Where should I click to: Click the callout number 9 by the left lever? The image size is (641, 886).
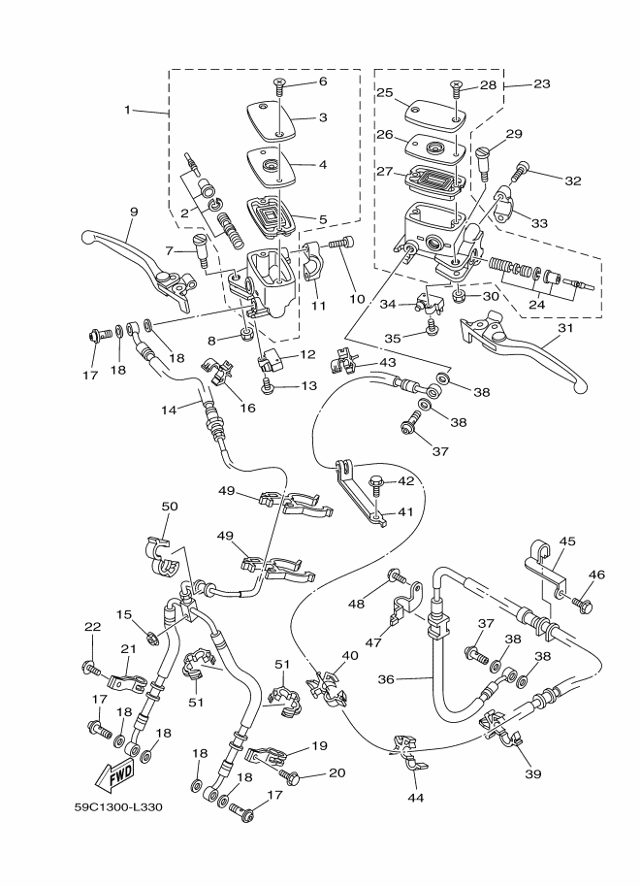pyautogui.click(x=134, y=212)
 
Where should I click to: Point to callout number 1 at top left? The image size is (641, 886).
pyautogui.click(x=127, y=110)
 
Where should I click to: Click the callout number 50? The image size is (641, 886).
pyautogui.click(x=170, y=508)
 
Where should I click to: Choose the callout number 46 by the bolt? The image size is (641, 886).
pyautogui.click(x=595, y=575)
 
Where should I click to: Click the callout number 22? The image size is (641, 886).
pyautogui.click(x=93, y=627)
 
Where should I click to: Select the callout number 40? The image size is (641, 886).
pyautogui.click(x=349, y=655)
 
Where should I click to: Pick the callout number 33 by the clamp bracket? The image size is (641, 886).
pyautogui.click(x=538, y=222)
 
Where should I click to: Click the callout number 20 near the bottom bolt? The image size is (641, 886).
pyautogui.click(x=337, y=772)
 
